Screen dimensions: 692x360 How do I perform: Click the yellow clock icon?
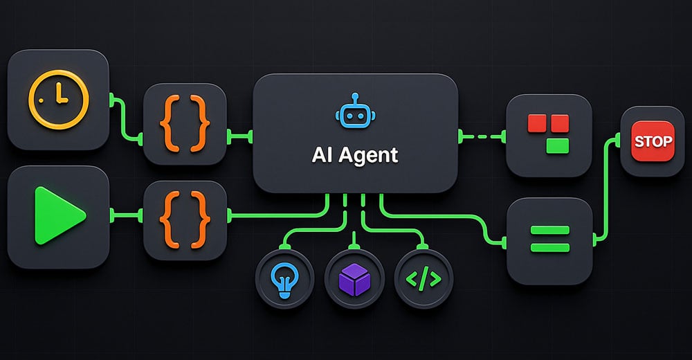(x=59, y=100)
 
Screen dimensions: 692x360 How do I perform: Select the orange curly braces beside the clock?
(x=185, y=124)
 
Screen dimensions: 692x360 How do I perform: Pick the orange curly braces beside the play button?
(x=185, y=219)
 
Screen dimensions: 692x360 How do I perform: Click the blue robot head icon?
(x=355, y=111)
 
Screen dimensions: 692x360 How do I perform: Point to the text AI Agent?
(x=355, y=154)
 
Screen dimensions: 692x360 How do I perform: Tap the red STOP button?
(x=653, y=141)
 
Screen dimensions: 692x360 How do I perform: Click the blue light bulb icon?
(x=284, y=280)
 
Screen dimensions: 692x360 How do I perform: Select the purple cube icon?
(x=354, y=280)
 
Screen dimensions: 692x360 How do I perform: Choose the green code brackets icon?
(x=424, y=279)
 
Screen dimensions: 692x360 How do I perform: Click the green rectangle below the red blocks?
(x=558, y=146)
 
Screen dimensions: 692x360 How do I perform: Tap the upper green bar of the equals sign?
(x=550, y=230)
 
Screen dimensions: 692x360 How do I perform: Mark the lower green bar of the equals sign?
(x=550, y=247)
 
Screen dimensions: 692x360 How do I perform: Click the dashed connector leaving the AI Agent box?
(x=482, y=136)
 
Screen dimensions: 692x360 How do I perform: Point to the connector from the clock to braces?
(x=126, y=118)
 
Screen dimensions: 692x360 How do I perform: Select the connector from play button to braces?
(x=126, y=216)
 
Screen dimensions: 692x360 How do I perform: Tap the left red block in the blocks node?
(x=537, y=123)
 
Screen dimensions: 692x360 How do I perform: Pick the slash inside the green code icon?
(x=424, y=279)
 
